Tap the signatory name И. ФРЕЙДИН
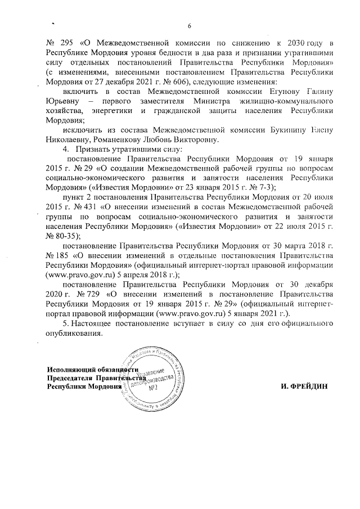pyautogui.click(x=304, y=388)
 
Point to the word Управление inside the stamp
pyautogui.click(x=151, y=372)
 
